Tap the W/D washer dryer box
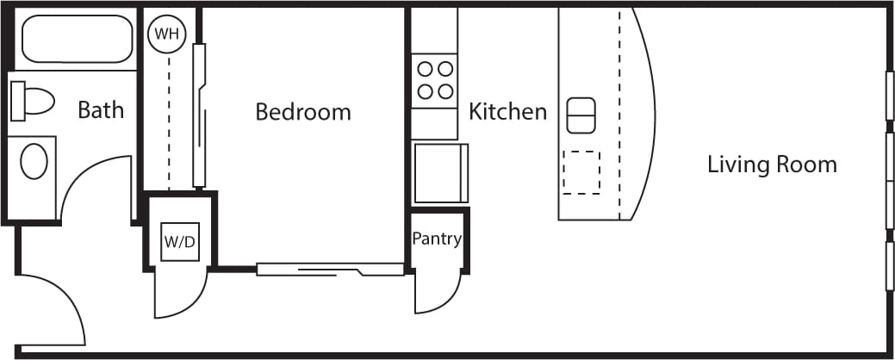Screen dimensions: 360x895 click(180, 241)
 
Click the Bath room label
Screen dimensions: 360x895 click(101, 110)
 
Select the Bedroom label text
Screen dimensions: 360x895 click(303, 112)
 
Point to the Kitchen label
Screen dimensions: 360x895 click(507, 112)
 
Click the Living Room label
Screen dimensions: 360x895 click(772, 164)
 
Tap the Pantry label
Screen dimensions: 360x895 click(437, 239)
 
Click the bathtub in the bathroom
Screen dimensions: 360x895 click(77, 40)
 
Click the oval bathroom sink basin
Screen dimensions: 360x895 click(34, 161)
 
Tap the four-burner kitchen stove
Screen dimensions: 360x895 click(435, 79)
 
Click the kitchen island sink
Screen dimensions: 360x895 click(581, 115)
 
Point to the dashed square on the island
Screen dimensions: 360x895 click(581, 172)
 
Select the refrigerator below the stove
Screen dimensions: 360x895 click(439, 172)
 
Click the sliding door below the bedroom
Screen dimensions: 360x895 click(330, 270)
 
